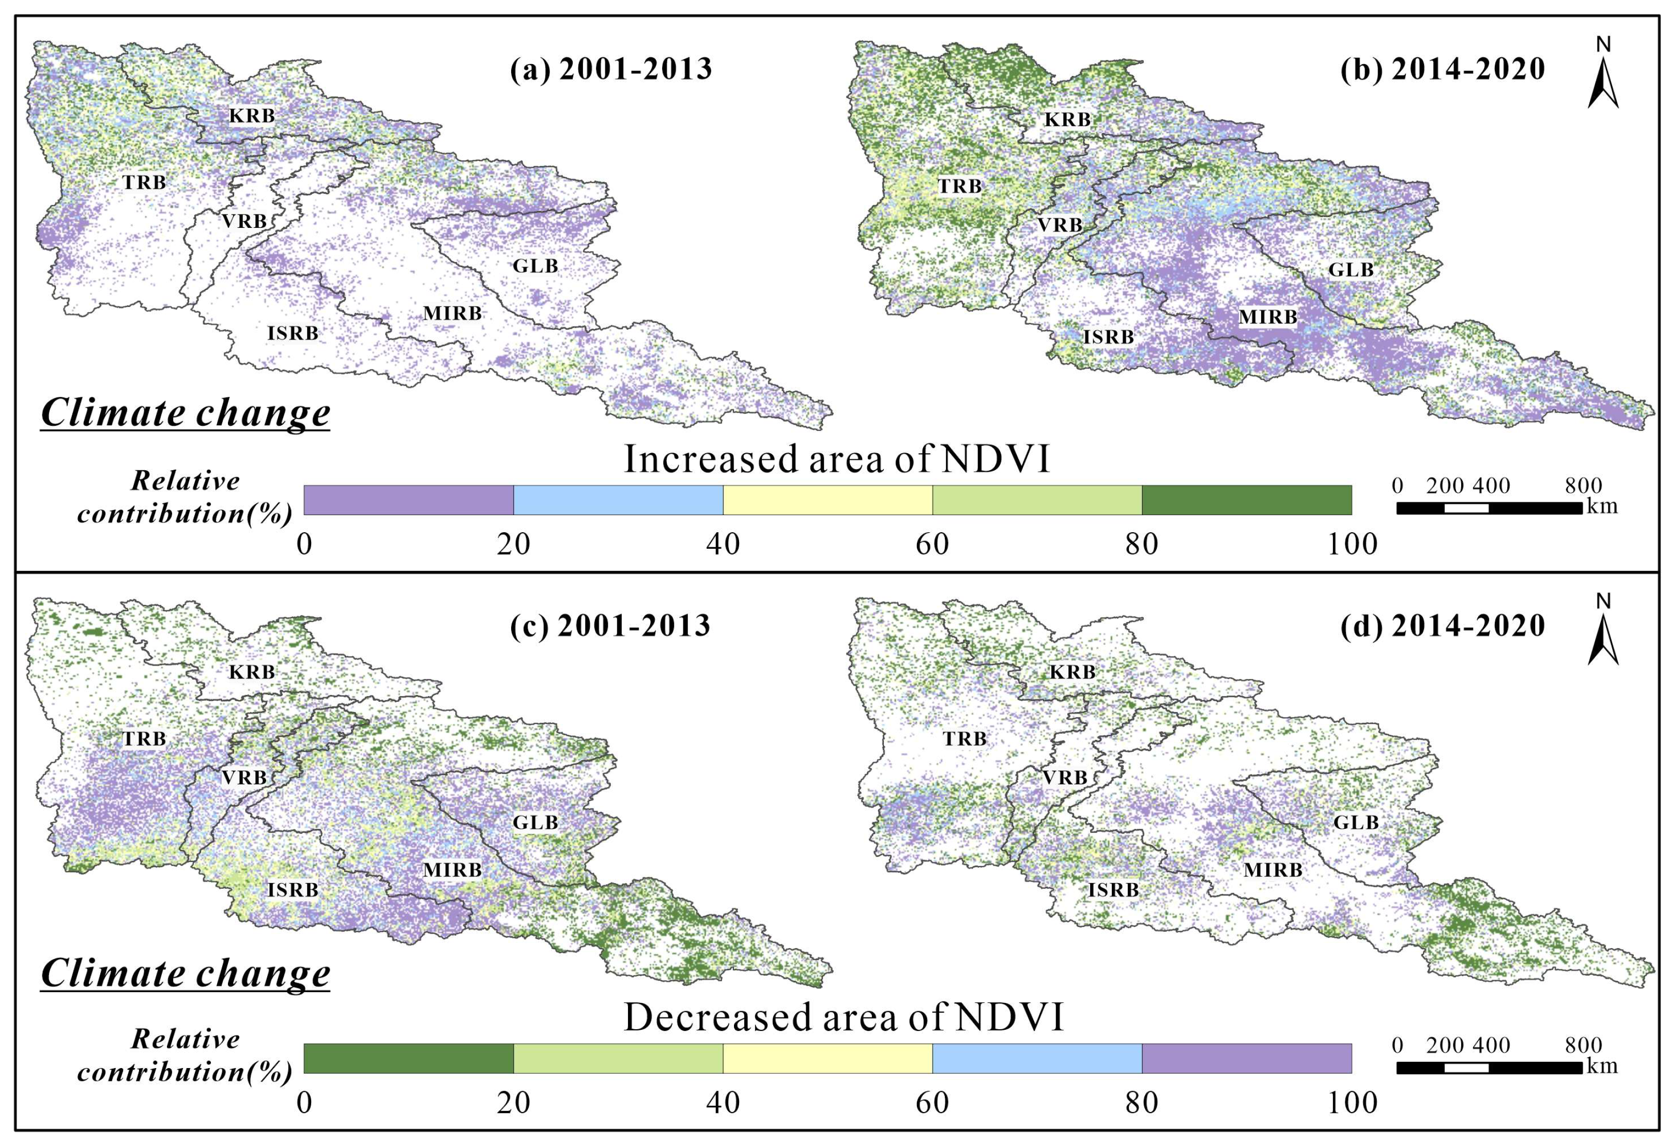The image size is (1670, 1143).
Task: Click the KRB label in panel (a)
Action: tap(252, 115)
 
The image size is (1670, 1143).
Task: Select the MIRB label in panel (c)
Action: tap(452, 870)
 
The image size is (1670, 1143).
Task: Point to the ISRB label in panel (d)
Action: tap(1113, 891)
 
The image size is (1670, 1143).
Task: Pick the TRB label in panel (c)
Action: tap(144, 738)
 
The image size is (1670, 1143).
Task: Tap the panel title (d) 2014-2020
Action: tap(1443, 626)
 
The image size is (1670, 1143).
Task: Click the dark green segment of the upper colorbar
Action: tap(1247, 500)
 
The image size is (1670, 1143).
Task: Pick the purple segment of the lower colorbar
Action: tap(1247, 1058)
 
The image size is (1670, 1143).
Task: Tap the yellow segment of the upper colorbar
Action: tap(828, 500)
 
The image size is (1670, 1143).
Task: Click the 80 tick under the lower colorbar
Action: tap(1142, 1103)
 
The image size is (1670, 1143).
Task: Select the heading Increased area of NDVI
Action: tap(837, 459)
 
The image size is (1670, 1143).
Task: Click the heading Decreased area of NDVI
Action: tap(843, 1017)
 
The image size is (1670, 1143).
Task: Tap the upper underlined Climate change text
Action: tap(186, 412)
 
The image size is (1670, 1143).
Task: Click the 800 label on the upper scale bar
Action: tap(1583, 486)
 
